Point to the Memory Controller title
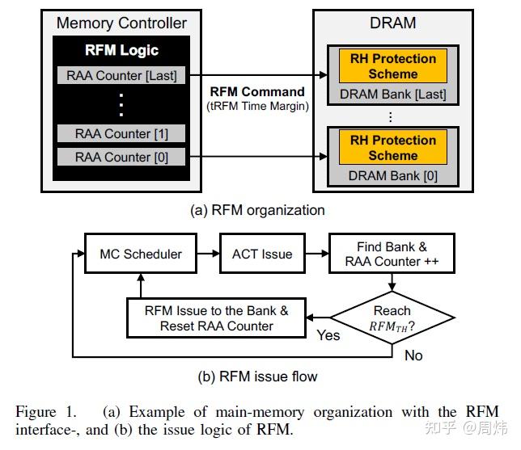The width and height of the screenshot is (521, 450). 121,23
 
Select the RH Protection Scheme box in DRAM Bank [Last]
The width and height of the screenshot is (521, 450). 392,66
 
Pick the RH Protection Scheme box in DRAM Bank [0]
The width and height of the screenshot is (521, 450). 392,147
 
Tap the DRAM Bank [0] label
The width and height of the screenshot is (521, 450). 392,175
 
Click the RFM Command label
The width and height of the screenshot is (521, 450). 256,91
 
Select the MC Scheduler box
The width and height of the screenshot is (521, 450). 140,254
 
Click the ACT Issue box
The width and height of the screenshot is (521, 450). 261,254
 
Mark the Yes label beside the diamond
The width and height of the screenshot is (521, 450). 328,335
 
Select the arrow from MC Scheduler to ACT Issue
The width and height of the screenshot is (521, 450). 209,254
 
